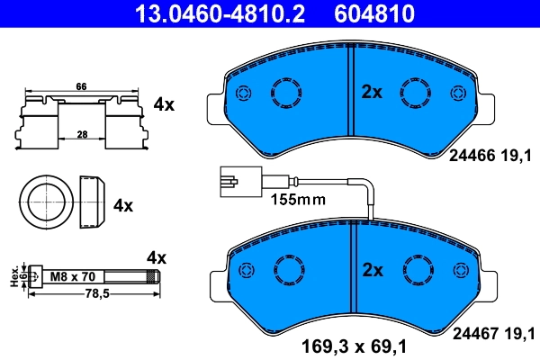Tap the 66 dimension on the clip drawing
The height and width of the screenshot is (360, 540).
[81, 86]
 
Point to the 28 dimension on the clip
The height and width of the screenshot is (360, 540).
[81, 133]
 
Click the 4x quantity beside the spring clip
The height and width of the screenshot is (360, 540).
[163, 104]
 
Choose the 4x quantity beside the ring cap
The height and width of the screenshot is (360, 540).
[122, 205]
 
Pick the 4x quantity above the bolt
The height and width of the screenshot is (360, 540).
[157, 257]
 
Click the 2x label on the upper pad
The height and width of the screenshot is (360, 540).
[372, 91]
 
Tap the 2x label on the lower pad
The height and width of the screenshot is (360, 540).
[373, 269]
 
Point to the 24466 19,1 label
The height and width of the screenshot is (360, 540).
[491, 155]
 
